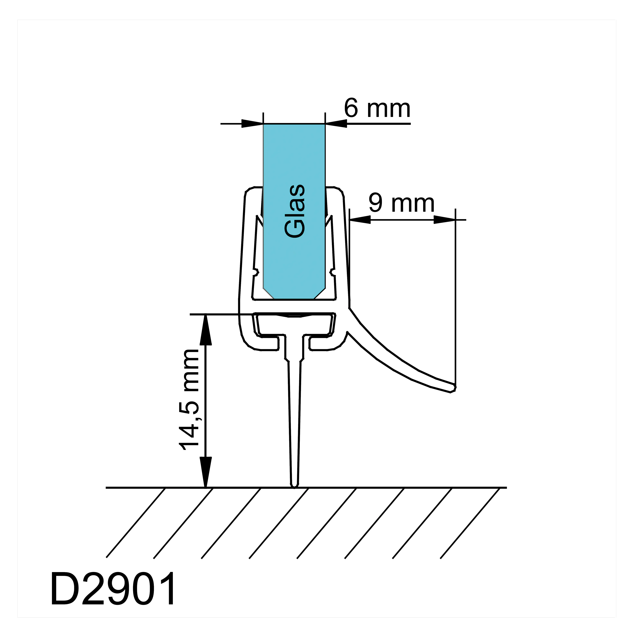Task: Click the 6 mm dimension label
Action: coord(377,108)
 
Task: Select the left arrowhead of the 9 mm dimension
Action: coord(360,220)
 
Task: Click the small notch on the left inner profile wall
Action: coord(256,272)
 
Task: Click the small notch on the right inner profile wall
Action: coord(333,272)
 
